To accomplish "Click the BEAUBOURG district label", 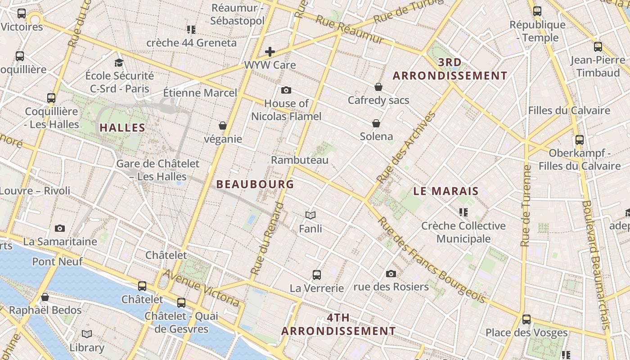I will point(255,184).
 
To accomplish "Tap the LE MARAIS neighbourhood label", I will point(446,191).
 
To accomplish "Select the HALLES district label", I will point(122,128).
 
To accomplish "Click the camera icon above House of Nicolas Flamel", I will point(286,90).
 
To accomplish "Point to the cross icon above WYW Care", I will point(270,52).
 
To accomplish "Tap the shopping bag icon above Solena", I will point(376,123).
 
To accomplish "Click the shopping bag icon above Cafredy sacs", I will point(378,87).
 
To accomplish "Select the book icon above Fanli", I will point(310,216).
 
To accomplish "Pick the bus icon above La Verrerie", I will point(317,274).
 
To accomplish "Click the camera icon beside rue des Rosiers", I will point(391,274).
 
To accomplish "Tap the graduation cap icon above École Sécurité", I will point(119,63).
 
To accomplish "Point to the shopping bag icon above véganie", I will point(223,126).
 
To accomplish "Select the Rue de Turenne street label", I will point(525,205).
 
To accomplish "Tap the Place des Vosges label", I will point(526,333).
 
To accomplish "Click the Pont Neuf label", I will point(57,261).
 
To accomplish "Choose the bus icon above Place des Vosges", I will point(526,320).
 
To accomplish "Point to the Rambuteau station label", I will point(300,160).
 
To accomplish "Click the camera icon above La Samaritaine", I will point(60,229).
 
